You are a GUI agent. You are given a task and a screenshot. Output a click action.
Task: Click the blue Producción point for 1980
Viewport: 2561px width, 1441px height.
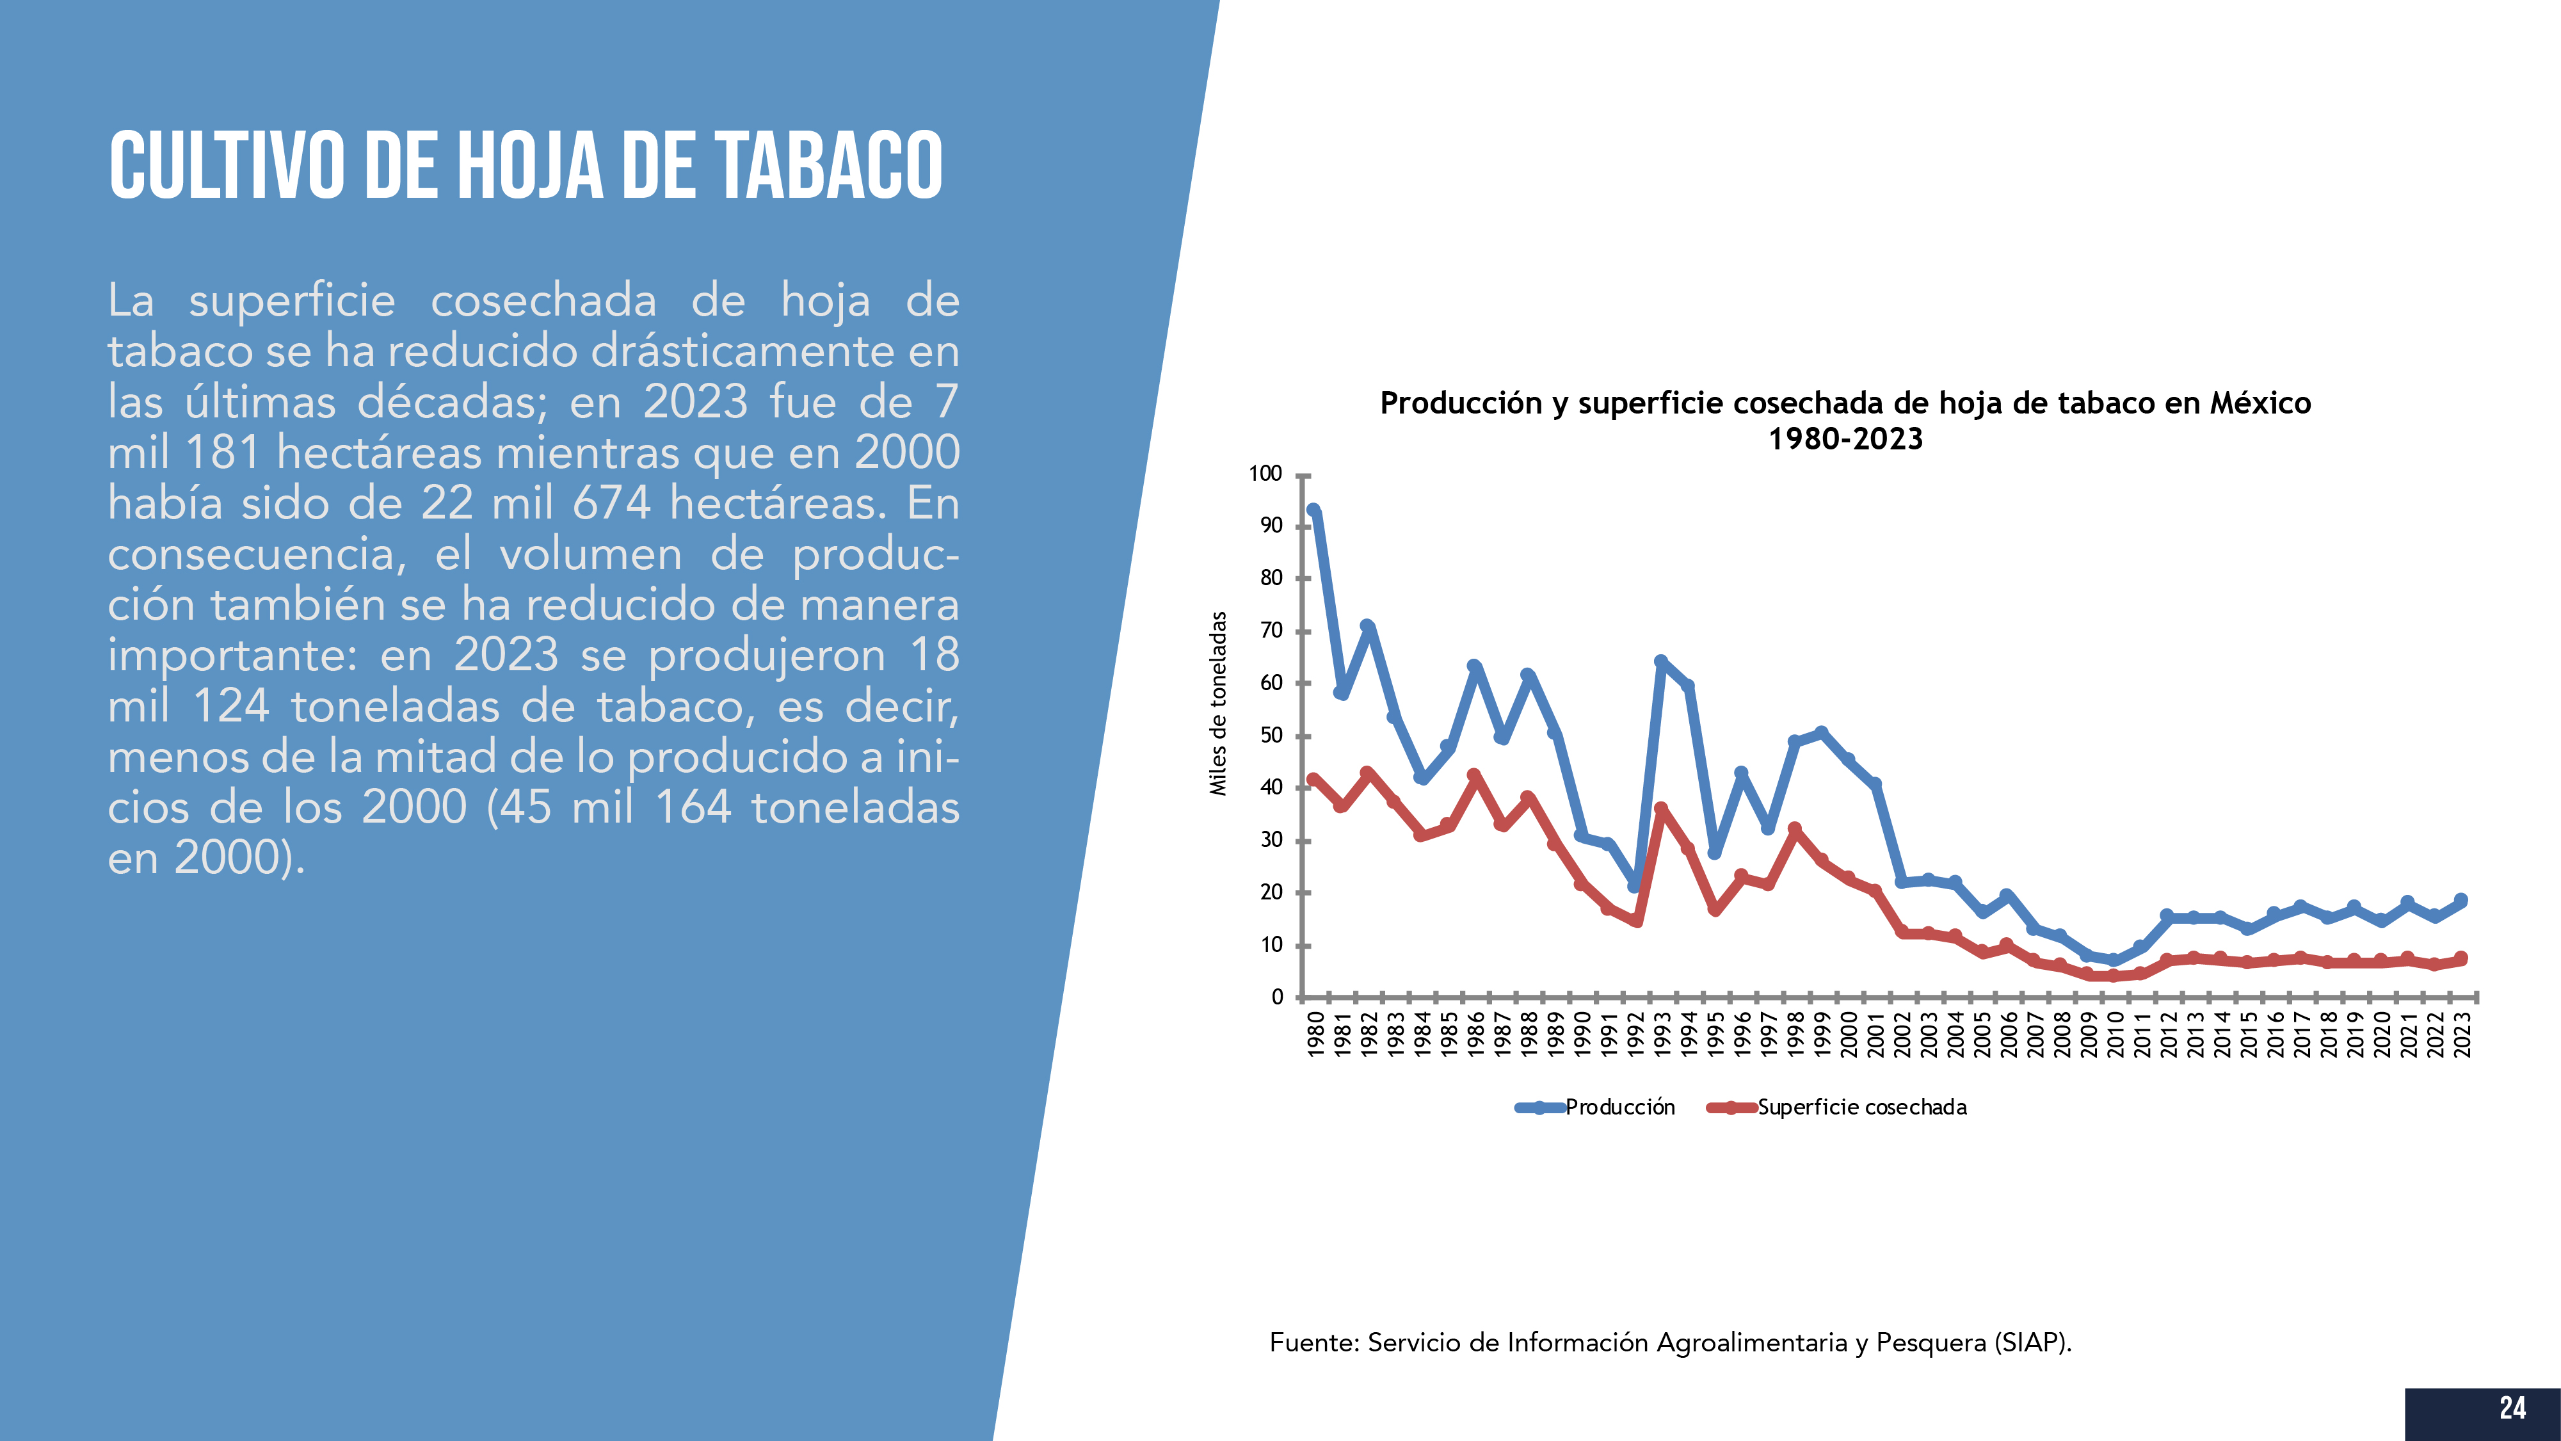tap(1313, 511)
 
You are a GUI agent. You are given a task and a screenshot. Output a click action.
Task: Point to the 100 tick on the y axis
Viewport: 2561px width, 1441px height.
tap(1265, 473)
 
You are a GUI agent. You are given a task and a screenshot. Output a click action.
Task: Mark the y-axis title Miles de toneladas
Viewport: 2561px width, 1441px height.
tap(1218, 703)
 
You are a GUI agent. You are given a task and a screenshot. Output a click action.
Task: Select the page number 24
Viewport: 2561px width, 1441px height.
tap(2512, 1408)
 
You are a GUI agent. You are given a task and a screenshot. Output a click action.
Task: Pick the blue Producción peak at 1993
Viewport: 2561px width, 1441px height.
tap(1661, 661)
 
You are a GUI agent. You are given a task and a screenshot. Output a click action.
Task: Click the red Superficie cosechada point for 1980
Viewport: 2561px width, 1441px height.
tap(1313, 780)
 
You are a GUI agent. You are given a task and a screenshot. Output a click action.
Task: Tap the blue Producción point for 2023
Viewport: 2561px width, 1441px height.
tap(2462, 900)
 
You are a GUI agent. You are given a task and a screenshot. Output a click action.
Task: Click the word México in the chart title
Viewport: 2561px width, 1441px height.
tap(2260, 403)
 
